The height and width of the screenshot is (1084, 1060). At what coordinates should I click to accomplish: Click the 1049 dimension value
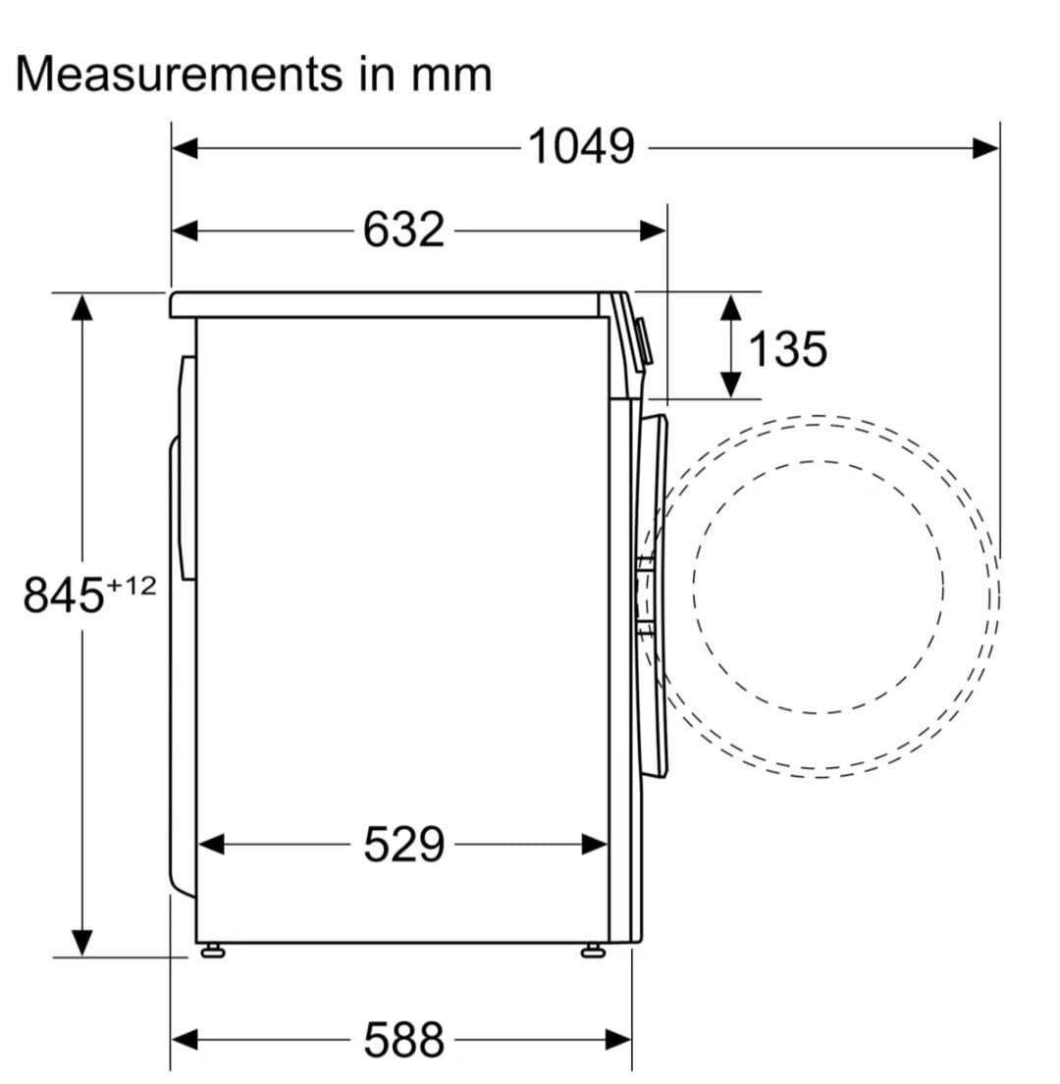click(581, 146)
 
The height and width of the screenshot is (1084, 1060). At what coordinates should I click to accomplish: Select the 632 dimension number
click(403, 230)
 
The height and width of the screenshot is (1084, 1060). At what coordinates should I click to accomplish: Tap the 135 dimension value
click(787, 348)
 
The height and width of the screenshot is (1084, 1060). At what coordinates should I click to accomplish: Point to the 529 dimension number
click(403, 844)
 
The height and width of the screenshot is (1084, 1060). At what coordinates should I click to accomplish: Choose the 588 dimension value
click(403, 1039)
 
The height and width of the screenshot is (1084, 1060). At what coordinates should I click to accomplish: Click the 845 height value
click(64, 594)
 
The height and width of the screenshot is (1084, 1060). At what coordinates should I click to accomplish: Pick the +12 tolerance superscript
click(132, 587)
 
